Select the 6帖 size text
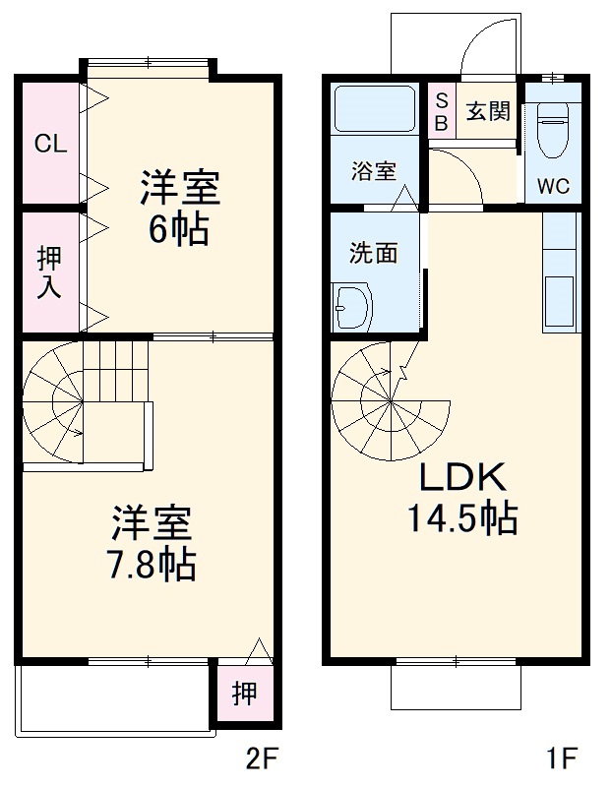(x=178, y=228)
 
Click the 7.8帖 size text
(x=151, y=563)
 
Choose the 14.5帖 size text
(x=462, y=518)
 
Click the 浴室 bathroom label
(x=374, y=170)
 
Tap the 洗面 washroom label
(x=374, y=253)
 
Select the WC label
(x=553, y=187)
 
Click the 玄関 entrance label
(x=487, y=110)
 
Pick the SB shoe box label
(x=441, y=110)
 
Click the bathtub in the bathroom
(x=374, y=109)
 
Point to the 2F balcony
(x=114, y=697)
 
